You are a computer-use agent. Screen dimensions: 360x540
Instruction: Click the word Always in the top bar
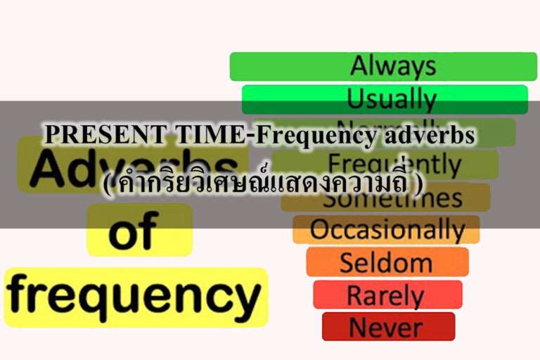click(392, 66)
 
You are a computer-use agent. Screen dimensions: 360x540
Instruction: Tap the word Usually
click(391, 99)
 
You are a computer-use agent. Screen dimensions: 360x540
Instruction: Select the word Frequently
click(394, 165)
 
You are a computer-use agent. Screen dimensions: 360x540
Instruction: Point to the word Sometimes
click(392, 198)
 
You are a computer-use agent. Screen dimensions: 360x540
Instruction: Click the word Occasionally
click(387, 230)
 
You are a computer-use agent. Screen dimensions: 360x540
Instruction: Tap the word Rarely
click(385, 295)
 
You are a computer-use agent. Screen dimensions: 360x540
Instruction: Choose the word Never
click(385, 327)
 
